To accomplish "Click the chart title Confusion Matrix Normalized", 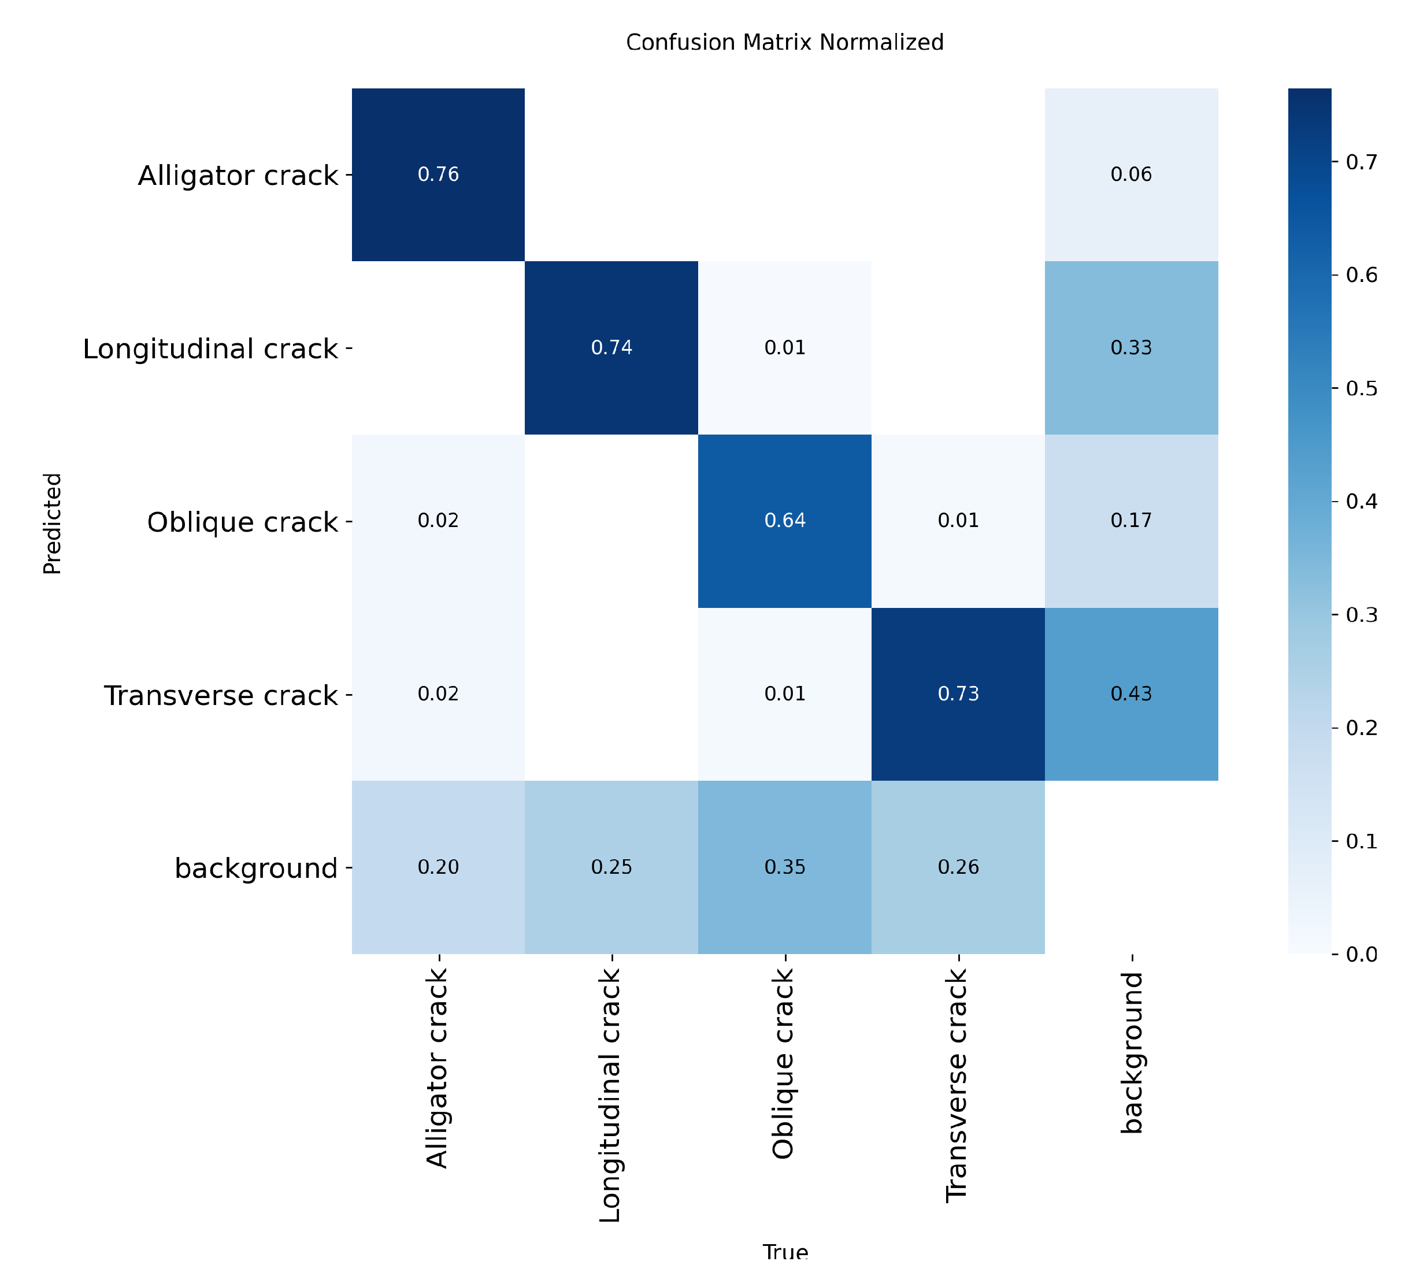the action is coord(784,43).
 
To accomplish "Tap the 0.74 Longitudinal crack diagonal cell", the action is coord(611,347).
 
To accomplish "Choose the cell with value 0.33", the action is coord(1132,347).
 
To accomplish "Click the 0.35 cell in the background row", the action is coord(784,867).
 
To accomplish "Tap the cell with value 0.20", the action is coord(438,867).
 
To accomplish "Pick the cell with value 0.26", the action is coord(958,867).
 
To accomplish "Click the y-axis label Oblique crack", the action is coord(242,522).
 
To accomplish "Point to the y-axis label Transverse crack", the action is coord(221,696).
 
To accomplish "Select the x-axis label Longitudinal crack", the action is coord(610,1095).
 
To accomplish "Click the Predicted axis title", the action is coord(53,524).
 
